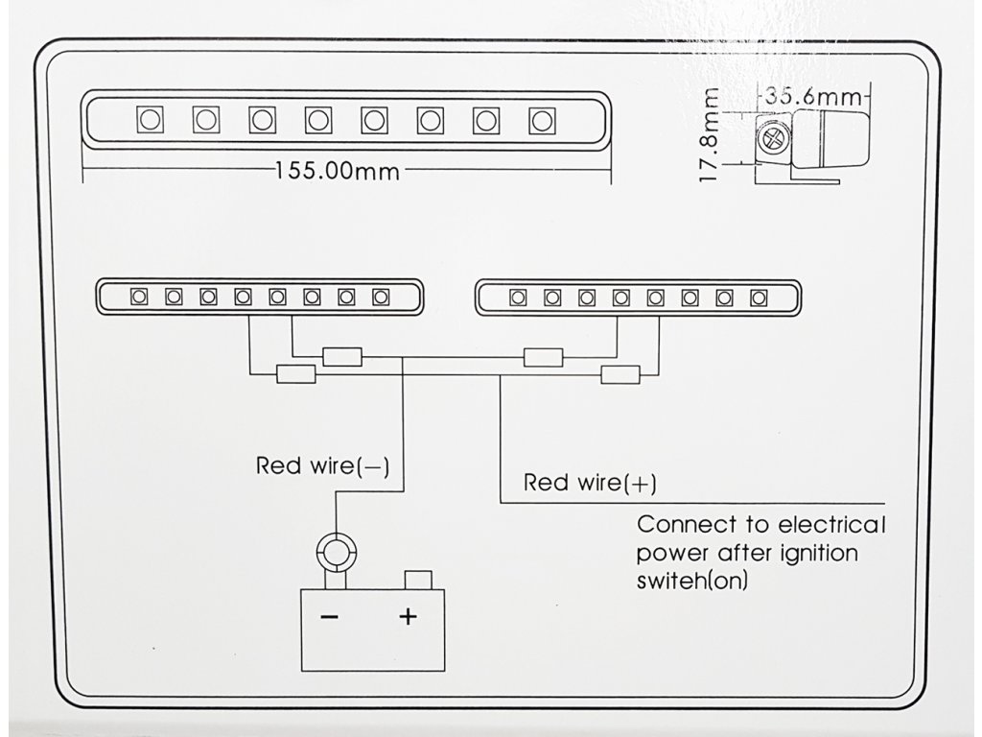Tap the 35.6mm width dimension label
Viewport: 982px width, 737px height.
tap(814, 96)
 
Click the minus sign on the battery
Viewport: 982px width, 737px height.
tap(329, 617)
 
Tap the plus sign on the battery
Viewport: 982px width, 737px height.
tap(409, 616)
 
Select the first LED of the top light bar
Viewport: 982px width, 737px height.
tap(150, 120)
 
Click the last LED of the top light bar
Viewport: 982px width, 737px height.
tap(542, 120)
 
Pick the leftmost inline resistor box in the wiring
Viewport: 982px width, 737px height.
tap(295, 374)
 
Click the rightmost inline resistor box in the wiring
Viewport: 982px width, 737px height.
tap(620, 374)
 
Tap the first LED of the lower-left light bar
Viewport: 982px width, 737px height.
tap(139, 297)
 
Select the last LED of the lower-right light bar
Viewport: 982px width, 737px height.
tap(759, 297)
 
